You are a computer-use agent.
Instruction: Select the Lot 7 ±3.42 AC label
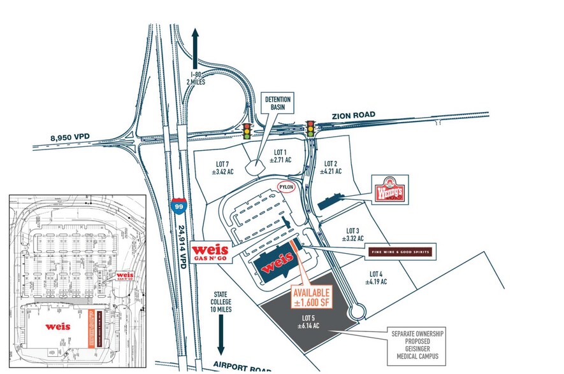coord(226,167)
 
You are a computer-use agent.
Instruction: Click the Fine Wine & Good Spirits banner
coord(400,251)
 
